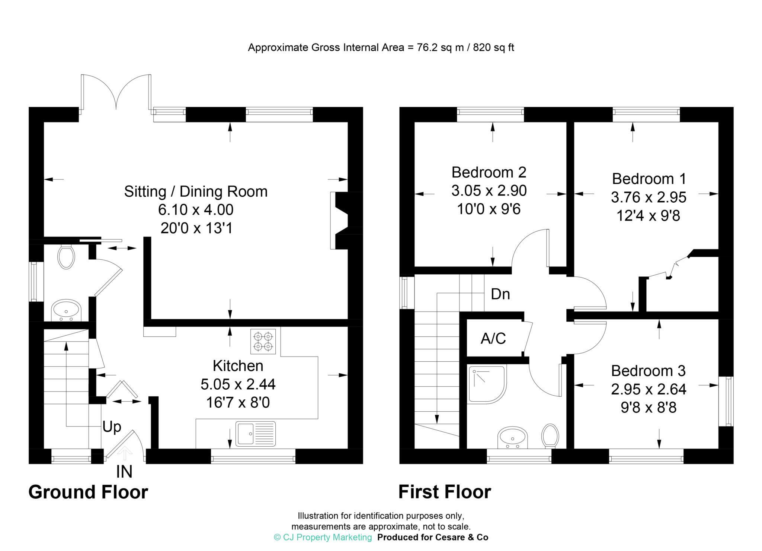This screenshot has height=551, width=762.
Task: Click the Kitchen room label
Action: [238, 366]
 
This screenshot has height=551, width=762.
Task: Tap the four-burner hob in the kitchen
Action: [263, 341]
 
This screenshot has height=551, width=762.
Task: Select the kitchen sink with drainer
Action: [256, 434]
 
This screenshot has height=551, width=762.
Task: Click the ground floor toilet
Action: [66, 257]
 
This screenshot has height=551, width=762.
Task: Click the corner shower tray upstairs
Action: [487, 385]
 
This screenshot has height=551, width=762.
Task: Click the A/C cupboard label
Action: [493, 339]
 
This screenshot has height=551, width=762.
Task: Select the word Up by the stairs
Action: [112, 427]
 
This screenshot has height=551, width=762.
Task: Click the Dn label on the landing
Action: [500, 294]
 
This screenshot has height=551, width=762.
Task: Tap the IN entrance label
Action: [124, 472]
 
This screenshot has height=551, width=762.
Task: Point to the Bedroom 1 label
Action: [649, 179]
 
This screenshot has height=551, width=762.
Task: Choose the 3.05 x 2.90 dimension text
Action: [489, 191]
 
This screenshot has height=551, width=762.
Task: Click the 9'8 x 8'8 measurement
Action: [649, 408]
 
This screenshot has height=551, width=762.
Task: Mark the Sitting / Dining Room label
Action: [196, 191]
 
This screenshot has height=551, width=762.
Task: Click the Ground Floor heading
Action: [88, 492]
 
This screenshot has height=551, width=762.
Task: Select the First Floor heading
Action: [445, 492]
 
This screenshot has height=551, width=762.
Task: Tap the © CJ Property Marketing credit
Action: [323, 537]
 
